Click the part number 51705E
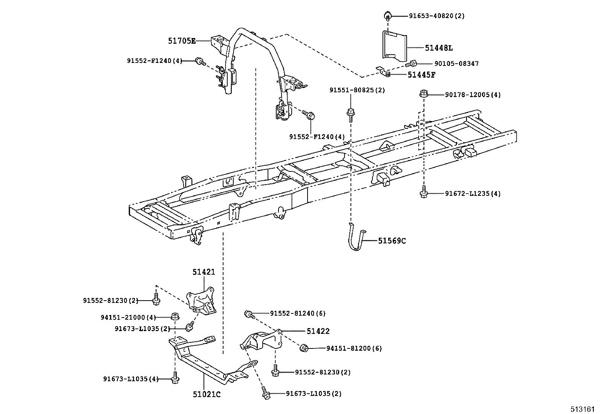[x=182, y=41]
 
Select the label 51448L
[x=439, y=48]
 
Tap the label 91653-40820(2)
[x=437, y=16]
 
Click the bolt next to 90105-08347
[x=412, y=64]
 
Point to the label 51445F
[x=421, y=75]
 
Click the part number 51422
[x=318, y=331]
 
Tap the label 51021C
[x=207, y=394]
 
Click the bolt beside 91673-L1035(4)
[x=174, y=378]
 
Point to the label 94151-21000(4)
[x=128, y=318]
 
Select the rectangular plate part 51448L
[x=395, y=45]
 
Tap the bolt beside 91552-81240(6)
[x=248, y=313]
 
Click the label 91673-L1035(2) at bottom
[x=314, y=394]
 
